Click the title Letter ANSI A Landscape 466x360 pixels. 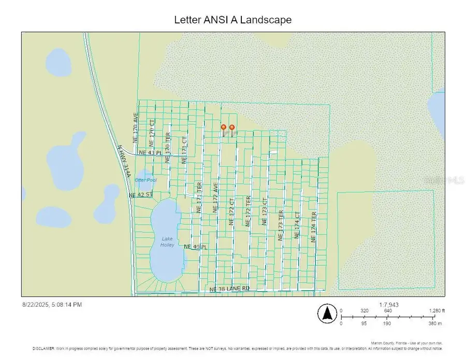pos(232,20)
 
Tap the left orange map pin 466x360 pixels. pos(224,127)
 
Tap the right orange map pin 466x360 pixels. pos(232,127)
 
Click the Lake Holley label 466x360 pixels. pos(167,241)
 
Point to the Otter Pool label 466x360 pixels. pos(145,180)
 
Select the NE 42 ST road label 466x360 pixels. pos(141,195)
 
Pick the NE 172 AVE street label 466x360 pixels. pos(215,197)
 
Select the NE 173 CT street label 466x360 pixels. pos(264,211)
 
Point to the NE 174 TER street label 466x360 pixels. pos(313,227)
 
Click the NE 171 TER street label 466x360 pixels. pos(198,198)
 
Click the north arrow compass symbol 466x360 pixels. pos(327,313)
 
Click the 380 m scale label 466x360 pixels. pos(436,323)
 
